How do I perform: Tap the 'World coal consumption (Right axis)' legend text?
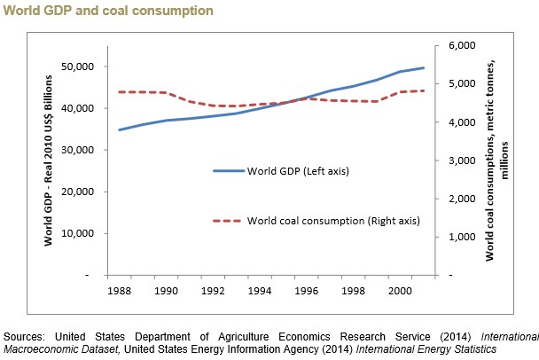(x=333, y=220)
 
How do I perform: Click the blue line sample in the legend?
(x=229, y=170)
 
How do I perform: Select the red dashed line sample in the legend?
(x=229, y=220)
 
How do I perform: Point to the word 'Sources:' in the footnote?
(x=24, y=337)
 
